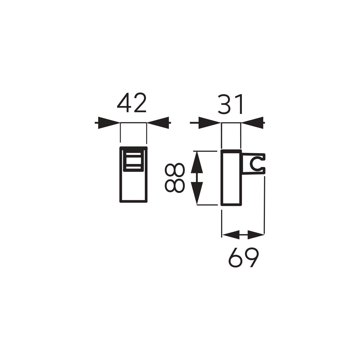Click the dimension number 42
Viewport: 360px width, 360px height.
[132, 103]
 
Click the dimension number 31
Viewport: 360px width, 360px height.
[230, 104]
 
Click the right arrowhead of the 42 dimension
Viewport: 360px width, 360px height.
[158, 123]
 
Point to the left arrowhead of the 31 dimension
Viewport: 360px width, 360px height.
[210, 123]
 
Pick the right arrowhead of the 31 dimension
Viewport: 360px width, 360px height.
[252, 123]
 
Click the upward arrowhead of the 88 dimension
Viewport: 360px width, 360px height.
[197, 162]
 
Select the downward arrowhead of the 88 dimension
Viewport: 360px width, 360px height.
[197, 193]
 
